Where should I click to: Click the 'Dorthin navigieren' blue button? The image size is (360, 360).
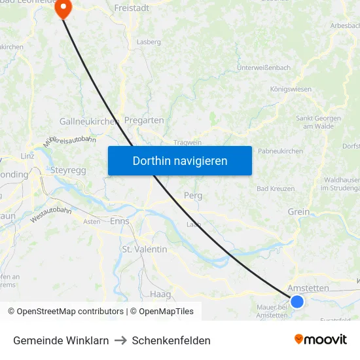click(179, 160)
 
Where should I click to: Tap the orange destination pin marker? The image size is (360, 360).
click(63, 9)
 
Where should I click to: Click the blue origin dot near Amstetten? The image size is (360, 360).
click(297, 301)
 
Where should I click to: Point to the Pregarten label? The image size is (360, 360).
click(144, 120)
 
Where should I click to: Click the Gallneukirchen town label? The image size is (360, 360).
click(88, 121)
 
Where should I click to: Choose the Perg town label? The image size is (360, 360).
click(193, 196)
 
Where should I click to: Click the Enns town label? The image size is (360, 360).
click(120, 221)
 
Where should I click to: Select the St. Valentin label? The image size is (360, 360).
click(145, 249)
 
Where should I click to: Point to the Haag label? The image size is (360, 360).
click(160, 294)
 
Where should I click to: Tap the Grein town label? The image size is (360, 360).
click(298, 211)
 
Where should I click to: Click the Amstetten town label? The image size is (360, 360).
click(308, 288)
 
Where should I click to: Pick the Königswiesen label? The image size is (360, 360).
click(291, 88)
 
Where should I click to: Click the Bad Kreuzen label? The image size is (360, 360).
click(275, 189)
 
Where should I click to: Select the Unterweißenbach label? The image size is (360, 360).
click(263, 67)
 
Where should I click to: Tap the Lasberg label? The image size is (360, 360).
click(149, 42)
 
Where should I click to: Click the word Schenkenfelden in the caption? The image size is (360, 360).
click(171, 340)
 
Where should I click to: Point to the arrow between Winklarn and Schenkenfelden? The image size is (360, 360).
click(120, 340)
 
